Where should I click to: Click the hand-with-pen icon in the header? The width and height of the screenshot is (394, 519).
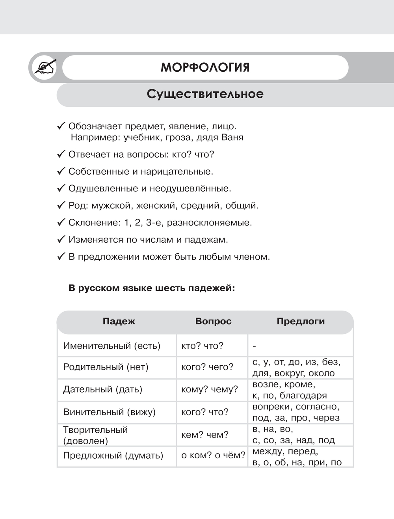click(x=45, y=67)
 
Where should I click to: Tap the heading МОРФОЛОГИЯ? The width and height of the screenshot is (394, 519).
click(x=205, y=67)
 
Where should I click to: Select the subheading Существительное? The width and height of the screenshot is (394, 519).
click(x=205, y=94)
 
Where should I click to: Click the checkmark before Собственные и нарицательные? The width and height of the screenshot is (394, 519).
click(x=61, y=171)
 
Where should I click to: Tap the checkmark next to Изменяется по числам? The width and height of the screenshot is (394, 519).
click(x=61, y=240)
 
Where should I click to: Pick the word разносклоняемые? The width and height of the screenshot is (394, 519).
click(x=209, y=223)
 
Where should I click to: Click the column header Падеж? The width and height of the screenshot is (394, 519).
click(x=119, y=322)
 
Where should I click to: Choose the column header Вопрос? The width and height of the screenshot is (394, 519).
click(x=213, y=322)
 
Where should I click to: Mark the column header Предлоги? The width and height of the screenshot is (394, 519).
click(x=301, y=322)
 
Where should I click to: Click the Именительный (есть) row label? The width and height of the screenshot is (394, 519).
click(x=112, y=346)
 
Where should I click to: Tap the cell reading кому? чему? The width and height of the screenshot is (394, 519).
click(x=209, y=390)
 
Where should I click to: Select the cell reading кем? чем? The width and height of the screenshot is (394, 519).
click(x=205, y=435)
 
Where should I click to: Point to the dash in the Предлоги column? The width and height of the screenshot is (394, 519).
click(x=255, y=346)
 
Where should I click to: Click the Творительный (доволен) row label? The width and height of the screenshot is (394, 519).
click(x=95, y=435)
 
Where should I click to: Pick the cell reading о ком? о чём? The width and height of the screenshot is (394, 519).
click(x=213, y=456)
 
